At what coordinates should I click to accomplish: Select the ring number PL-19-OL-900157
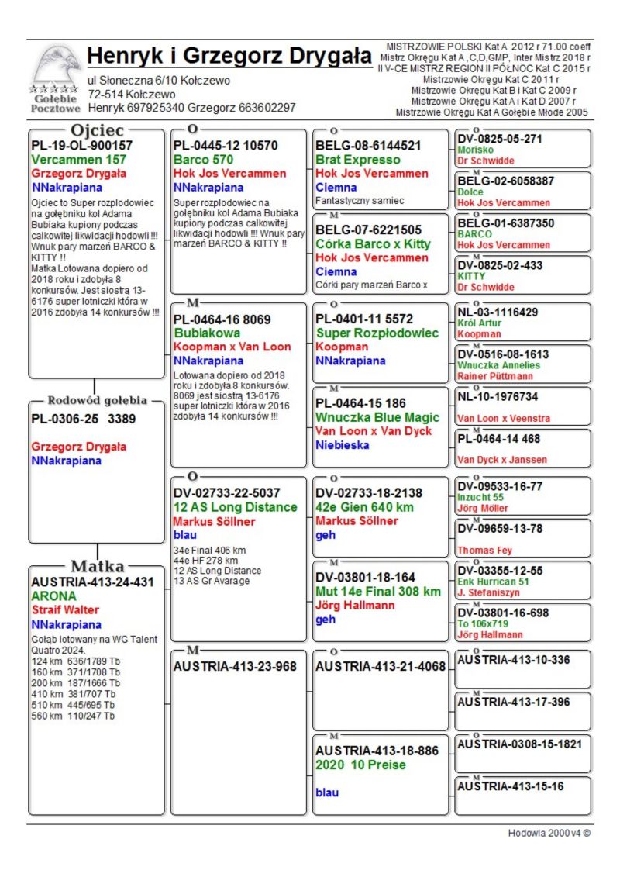[x=81, y=145]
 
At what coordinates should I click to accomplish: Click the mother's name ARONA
[x=53, y=596]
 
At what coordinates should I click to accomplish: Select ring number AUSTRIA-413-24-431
[x=92, y=582]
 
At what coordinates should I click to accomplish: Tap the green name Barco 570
[x=203, y=160]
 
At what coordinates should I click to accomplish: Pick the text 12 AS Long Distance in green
[x=235, y=507]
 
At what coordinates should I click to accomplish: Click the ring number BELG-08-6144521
[x=368, y=145]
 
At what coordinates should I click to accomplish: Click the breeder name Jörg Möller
[x=483, y=508]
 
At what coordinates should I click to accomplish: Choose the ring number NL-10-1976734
[x=508, y=396]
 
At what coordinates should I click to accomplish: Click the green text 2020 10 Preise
[x=360, y=765]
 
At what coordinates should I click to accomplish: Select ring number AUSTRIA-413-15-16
[x=510, y=786]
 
